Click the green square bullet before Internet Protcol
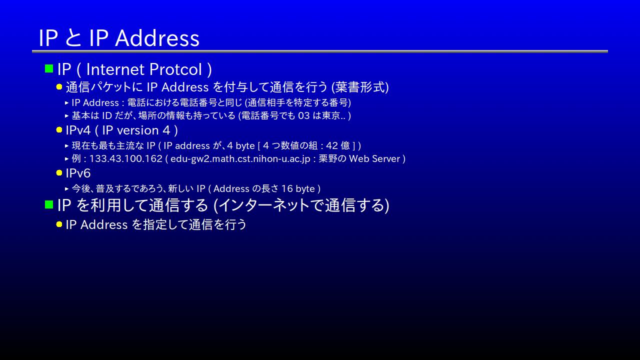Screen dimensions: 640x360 [x=49, y=68]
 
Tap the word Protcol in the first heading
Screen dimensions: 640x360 [x=175, y=69]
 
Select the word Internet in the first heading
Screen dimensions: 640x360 [x=115, y=69]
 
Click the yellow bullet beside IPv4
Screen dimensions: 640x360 [x=59, y=130]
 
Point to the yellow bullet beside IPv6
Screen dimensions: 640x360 [x=59, y=173]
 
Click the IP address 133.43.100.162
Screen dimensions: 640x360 [x=125, y=158]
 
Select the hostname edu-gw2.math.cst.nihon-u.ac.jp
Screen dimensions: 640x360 [x=240, y=159]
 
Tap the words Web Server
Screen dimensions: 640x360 [x=374, y=158]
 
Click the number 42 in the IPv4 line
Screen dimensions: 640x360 [x=332, y=145]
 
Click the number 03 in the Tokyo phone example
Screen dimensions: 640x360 [x=303, y=115]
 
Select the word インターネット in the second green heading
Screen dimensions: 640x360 [x=264, y=205]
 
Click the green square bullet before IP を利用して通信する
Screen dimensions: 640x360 [x=49, y=204]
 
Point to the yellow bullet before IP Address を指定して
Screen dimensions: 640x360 [x=59, y=224]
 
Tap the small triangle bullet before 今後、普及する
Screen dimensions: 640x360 [x=66, y=188]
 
